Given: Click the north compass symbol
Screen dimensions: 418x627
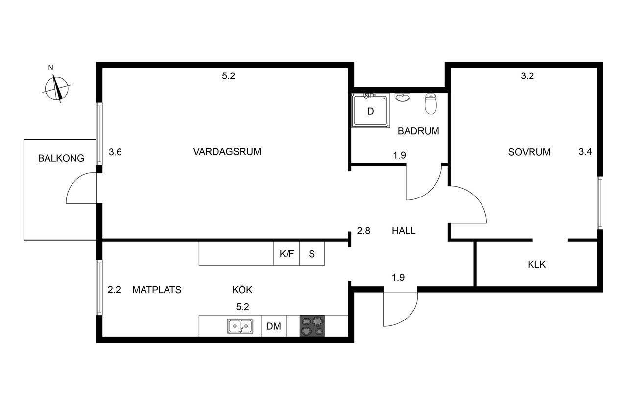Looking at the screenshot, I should click(58, 88).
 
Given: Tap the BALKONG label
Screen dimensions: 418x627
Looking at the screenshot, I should click(61, 158).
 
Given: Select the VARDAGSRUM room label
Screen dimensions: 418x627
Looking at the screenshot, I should click(227, 152).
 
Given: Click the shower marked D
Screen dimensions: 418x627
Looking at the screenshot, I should click(371, 111).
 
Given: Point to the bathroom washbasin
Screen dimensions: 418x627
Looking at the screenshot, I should click(403, 98).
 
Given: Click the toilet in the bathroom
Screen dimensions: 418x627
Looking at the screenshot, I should click(431, 104).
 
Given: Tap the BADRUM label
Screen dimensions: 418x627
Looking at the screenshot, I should click(418, 131).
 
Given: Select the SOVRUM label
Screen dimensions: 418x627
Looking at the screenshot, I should click(529, 152).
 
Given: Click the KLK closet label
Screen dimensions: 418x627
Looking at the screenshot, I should click(536, 265).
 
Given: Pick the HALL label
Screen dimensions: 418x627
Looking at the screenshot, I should click(404, 231).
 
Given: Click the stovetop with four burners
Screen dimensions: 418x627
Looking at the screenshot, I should click(312, 326).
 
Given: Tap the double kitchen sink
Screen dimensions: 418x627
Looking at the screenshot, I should click(240, 326).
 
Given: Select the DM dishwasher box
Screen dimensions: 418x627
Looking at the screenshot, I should click(273, 326).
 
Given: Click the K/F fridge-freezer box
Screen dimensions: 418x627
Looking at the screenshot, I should click(287, 254).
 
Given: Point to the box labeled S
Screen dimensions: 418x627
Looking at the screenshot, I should click(312, 254).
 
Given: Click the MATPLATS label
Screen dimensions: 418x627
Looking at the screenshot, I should click(157, 290).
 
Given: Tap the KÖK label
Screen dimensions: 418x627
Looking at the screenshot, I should click(242, 290).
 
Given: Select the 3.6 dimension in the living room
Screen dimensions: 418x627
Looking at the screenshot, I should click(115, 152).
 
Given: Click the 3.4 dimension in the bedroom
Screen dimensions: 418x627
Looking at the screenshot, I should click(585, 152).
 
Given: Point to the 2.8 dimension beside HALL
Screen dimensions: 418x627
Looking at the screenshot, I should click(363, 231).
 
